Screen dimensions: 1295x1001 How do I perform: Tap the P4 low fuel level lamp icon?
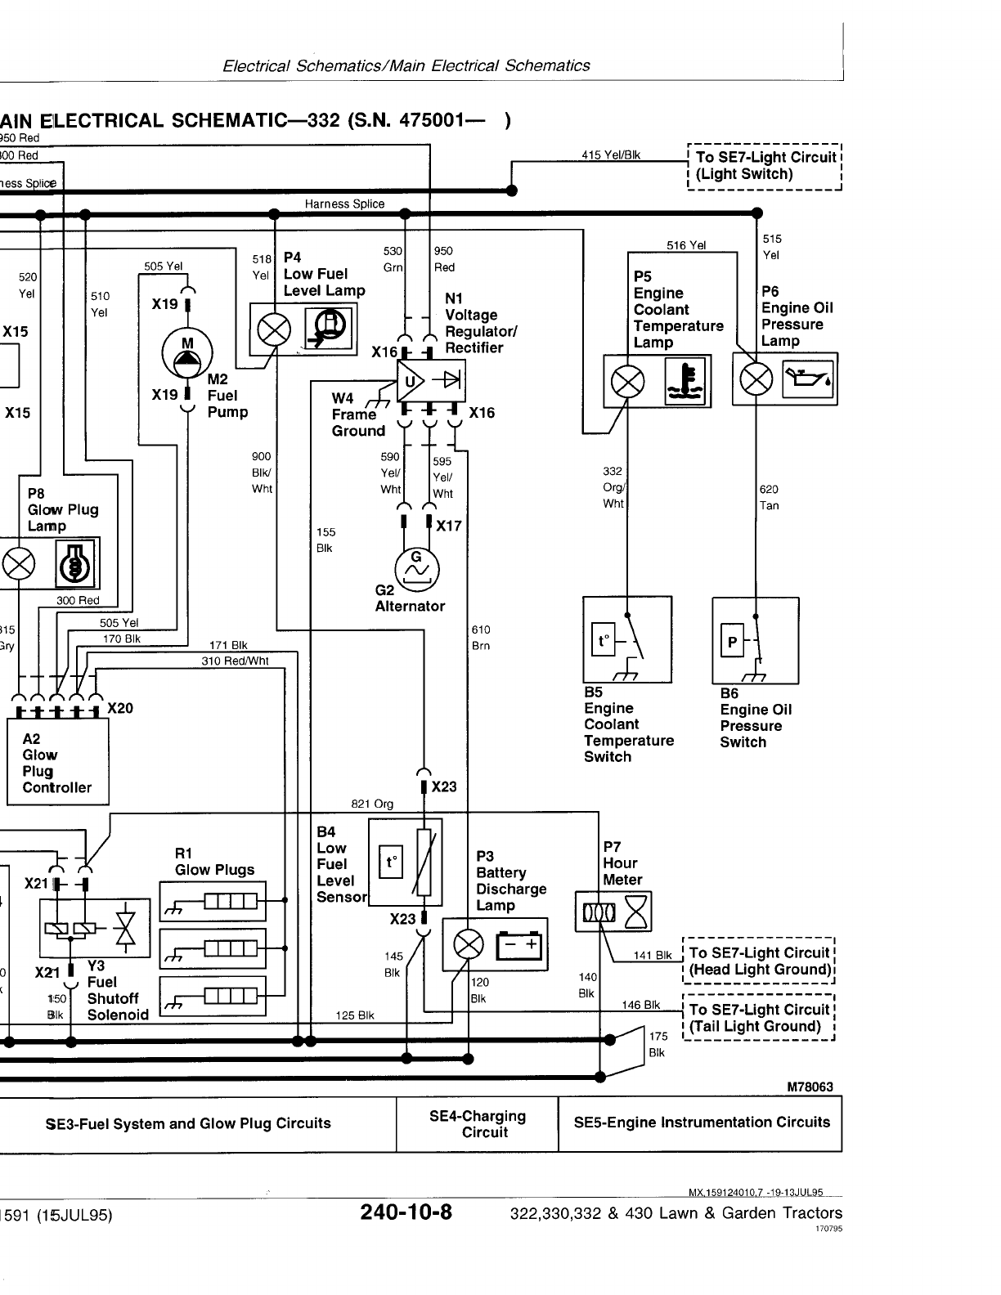[x=329, y=329]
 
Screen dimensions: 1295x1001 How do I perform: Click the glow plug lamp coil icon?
[x=75, y=563]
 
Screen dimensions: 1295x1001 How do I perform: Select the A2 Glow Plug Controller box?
[x=57, y=762]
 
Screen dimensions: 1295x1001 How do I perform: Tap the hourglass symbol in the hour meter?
[x=636, y=912]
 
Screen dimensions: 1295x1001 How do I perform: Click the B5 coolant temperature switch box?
[x=627, y=639]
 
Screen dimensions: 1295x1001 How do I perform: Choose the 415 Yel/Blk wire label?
[x=611, y=155]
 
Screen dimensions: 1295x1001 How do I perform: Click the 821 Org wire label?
[x=372, y=804]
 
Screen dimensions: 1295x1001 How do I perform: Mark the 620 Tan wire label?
[x=770, y=497]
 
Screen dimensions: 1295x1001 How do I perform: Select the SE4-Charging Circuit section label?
[x=477, y=1124]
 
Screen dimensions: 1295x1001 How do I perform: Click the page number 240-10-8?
[x=406, y=1212]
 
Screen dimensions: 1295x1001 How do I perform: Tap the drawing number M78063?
[x=810, y=1087]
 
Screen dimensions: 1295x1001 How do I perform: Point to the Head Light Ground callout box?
[x=759, y=961]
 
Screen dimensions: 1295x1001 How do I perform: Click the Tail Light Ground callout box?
[x=759, y=1018]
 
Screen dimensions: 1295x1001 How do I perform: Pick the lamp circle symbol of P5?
[x=628, y=381]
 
